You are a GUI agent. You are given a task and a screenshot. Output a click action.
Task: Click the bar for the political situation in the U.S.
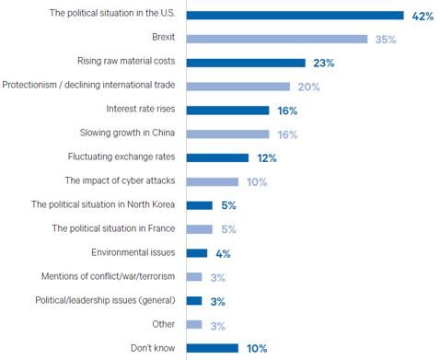point(295,15)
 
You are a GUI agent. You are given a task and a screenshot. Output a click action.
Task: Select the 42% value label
point(422,15)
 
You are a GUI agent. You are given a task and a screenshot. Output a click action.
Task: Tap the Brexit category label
point(163,39)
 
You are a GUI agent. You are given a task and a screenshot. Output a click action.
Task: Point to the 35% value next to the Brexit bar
point(385,39)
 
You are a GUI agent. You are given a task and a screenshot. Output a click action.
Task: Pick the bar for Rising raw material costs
point(246,63)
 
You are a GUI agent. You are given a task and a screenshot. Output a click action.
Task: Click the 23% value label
point(322,63)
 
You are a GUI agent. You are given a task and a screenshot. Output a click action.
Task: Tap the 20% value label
point(307,87)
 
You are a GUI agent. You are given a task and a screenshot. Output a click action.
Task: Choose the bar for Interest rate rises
point(227,110)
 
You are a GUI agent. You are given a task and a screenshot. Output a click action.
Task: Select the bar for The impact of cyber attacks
point(212,181)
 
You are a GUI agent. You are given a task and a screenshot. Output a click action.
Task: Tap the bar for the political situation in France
point(199,228)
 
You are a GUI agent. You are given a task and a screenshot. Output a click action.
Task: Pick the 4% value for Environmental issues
point(222,252)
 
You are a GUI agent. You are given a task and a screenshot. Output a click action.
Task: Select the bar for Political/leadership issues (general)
point(193,300)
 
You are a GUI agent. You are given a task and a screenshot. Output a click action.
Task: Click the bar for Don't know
point(212,348)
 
